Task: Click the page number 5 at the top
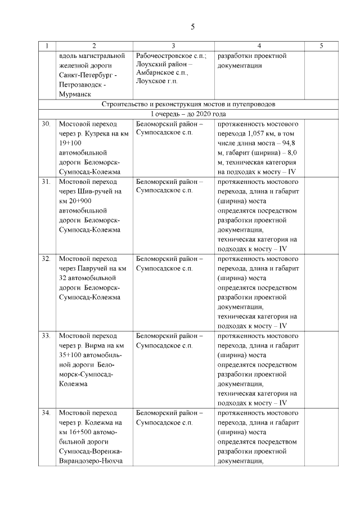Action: pos(192,26)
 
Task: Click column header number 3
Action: pos(173,46)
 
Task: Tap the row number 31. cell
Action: pos(47,182)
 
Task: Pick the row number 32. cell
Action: pos(47,259)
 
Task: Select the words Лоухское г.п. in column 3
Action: pos(156,82)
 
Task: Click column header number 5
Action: pos(321,46)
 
